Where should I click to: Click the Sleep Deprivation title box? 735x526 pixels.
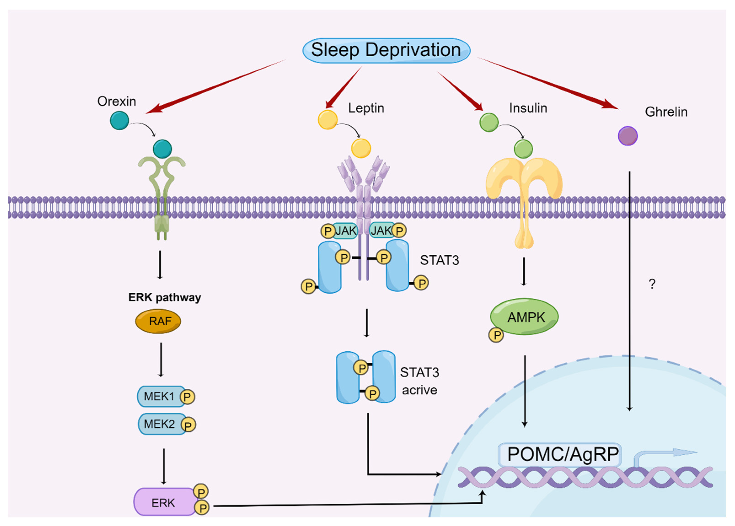tap(386, 50)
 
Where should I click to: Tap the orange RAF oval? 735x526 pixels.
tap(158, 321)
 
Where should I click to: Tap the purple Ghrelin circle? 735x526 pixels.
tap(628, 136)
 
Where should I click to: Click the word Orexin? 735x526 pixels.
tap(117, 101)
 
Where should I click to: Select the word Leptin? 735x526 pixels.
tap(366, 108)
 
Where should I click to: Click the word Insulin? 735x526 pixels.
tap(528, 108)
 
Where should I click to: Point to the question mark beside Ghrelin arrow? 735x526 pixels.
tap(652, 284)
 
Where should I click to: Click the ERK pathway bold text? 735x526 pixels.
tap(164, 297)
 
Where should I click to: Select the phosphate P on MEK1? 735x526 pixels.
tap(187, 397)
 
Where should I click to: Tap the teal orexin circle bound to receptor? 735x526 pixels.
tap(162, 149)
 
